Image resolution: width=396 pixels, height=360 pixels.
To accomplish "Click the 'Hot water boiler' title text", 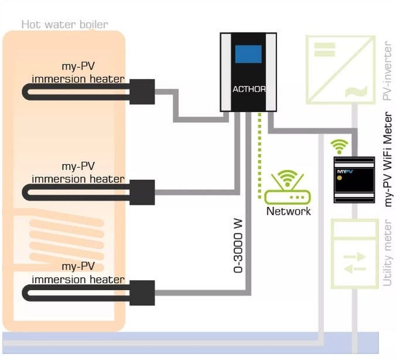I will click(64, 24).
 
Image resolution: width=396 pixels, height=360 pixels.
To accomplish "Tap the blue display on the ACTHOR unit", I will click(248, 54).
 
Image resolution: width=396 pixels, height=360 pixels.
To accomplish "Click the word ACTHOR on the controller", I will click(248, 89).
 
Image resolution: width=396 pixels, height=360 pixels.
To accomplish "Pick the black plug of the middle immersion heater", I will click(142, 192).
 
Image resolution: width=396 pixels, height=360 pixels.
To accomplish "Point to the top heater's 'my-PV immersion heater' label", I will click(78, 73).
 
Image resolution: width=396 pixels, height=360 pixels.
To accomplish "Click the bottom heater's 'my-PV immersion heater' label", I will click(78, 274).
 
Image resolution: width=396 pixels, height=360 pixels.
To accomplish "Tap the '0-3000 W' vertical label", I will click(238, 246).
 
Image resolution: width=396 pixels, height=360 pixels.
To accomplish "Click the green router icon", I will click(288, 188).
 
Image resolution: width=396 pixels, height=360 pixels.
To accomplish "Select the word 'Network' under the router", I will click(288, 211).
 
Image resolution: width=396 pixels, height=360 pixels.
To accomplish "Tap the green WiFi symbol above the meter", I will click(339, 146).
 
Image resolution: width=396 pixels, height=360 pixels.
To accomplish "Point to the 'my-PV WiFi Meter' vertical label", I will click(387, 159).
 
